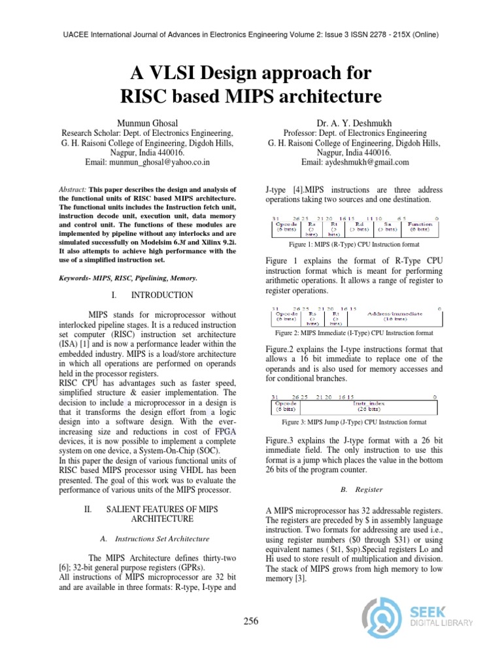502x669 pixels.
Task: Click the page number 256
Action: (x=250, y=621)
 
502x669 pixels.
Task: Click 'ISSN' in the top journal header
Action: (x=350, y=34)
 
